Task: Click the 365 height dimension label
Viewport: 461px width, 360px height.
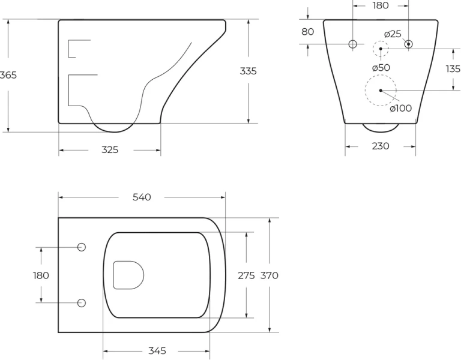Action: (x=8, y=75)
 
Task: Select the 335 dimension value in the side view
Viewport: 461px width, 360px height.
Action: (x=248, y=71)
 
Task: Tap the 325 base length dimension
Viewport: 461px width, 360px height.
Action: (x=109, y=150)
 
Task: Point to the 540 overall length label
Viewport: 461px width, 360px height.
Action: (x=142, y=197)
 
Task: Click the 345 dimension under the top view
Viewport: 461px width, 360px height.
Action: (x=157, y=350)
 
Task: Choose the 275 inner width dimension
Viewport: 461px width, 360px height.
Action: (x=246, y=275)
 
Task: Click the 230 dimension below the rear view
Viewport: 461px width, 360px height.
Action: (x=380, y=146)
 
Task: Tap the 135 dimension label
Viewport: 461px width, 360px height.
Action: (x=453, y=69)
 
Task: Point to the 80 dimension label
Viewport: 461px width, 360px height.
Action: (x=307, y=32)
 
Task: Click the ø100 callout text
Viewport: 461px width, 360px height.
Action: (x=400, y=109)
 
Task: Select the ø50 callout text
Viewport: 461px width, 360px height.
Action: (x=381, y=68)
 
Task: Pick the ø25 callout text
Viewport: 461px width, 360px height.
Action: (x=393, y=34)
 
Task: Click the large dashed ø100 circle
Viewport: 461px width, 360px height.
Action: (x=381, y=91)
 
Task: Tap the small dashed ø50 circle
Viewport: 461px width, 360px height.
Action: (x=381, y=49)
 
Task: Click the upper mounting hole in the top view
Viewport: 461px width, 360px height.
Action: (x=82, y=247)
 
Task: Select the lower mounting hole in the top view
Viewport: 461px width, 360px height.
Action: (x=82, y=302)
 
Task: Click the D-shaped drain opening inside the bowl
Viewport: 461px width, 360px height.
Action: (x=128, y=275)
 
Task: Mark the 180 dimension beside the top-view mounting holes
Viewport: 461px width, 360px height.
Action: (x=41, y=275)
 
